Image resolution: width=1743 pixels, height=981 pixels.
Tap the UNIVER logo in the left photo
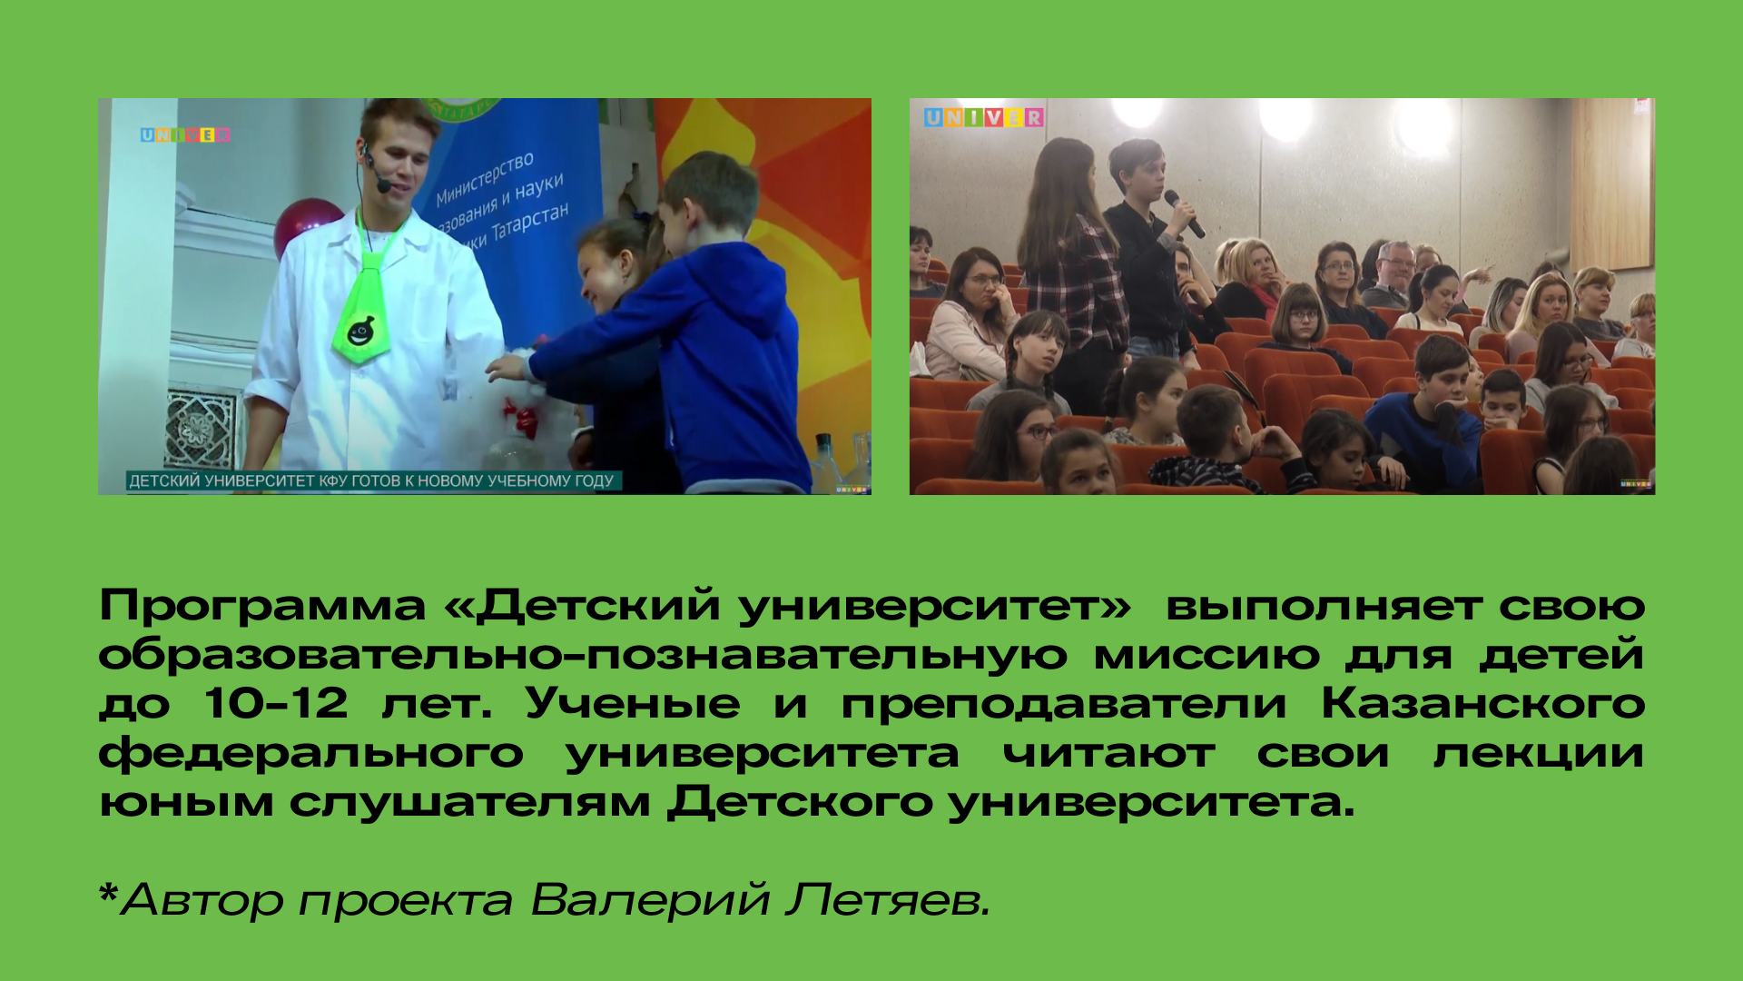pos(185,135)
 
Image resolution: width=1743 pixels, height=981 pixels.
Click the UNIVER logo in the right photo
pos(984,117)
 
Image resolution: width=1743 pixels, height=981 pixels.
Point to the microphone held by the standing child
pos(1184,213)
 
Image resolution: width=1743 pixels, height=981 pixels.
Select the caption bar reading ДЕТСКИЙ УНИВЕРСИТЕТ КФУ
pos(372,481)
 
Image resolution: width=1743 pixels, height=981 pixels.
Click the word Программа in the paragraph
pos(262,606)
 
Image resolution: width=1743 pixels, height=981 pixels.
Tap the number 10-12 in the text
pos(276,703)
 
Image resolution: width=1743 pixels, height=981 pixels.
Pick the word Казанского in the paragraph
pos(1482,703)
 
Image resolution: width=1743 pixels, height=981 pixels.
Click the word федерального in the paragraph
pos(311,754)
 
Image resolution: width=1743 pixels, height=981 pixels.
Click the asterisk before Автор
pos(108,893)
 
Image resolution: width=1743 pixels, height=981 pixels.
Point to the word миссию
pos(1206,655)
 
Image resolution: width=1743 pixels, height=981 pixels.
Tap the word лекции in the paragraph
pos(1539,754)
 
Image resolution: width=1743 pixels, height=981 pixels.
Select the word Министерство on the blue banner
pos(485,180)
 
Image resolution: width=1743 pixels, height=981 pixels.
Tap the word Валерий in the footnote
pos(650,899)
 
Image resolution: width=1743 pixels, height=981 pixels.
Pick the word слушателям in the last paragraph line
pos(470,802)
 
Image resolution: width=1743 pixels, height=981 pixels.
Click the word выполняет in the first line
pos(1324,606)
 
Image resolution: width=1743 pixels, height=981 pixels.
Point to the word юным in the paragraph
pos(186,802)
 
